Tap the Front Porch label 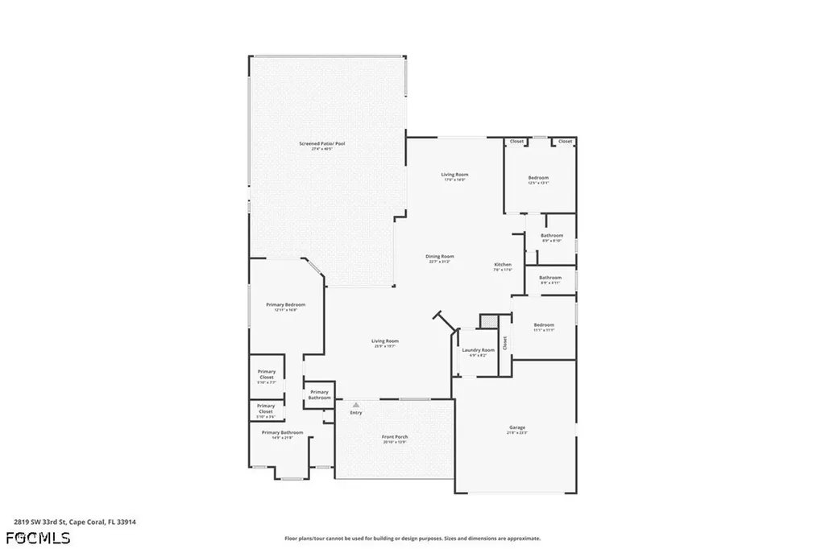(x=395, y=439)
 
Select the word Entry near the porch (x=355, y=413)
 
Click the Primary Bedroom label (x=286, y=307)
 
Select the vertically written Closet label (x=505, y=343)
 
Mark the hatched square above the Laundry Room (x=488, y=321)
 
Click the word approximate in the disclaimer (x=522, y=539)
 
